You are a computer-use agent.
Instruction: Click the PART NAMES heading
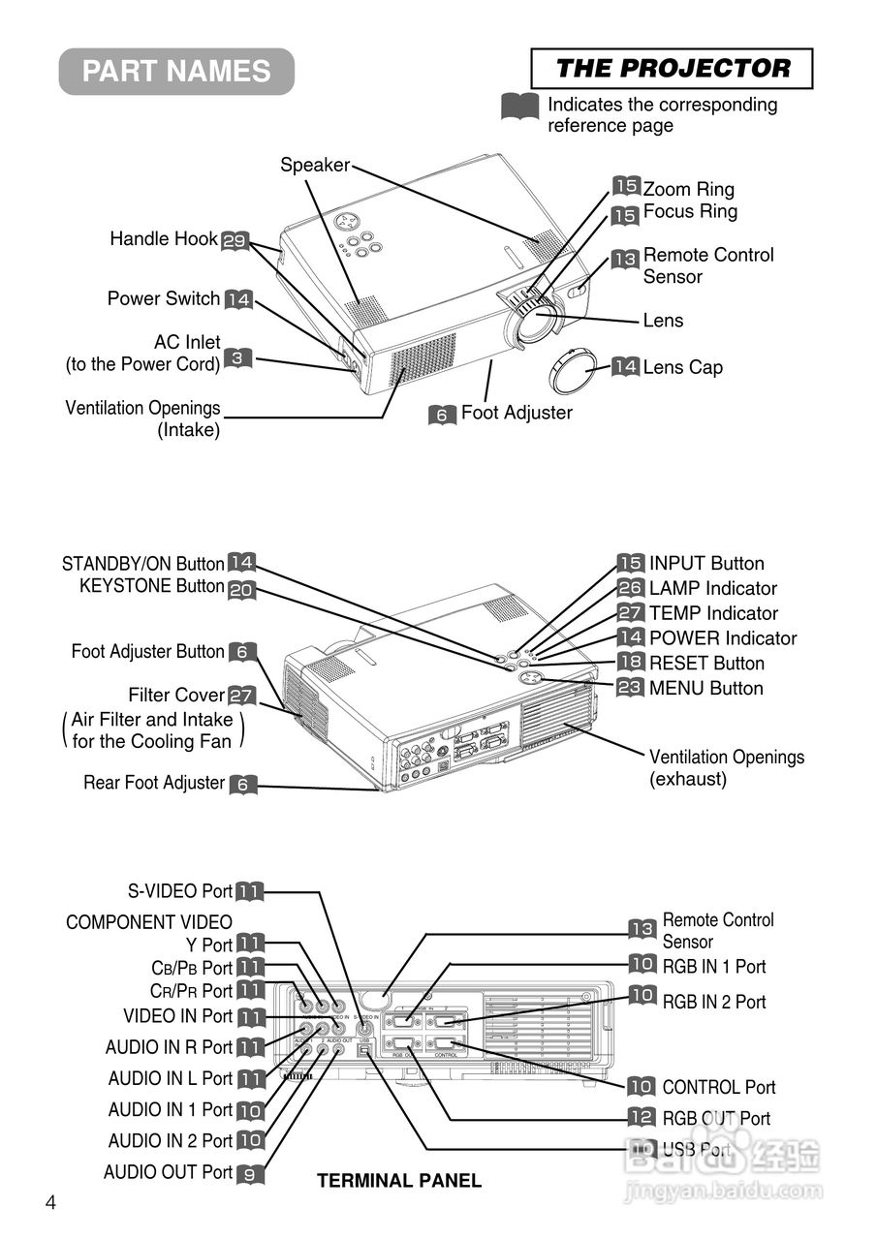(176, 72)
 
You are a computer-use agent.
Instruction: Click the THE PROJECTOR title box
(672, 69)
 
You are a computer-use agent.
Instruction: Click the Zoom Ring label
(688, 189)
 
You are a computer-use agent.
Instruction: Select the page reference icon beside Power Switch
(238, 299)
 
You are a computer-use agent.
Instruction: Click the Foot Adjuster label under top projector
(516, 413)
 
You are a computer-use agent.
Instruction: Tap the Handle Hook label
(163, 238)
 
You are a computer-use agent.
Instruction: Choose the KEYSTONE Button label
(151, 586)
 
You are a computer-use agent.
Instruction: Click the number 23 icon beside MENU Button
(630, 688)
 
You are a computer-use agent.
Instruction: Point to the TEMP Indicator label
(713, 613)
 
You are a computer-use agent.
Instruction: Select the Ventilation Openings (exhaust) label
(726, 767)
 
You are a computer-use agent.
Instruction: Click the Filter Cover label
(175, 696)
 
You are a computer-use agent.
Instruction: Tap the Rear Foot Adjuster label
(154, 783)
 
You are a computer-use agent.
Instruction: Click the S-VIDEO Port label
(179, 891)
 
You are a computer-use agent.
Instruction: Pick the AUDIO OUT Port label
(168, 1172)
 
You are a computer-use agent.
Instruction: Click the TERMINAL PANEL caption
(398, 1180)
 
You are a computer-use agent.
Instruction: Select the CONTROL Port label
(718, 1088)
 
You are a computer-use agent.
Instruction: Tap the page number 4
(50, 1202)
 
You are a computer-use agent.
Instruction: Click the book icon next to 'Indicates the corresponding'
(519, 106)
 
